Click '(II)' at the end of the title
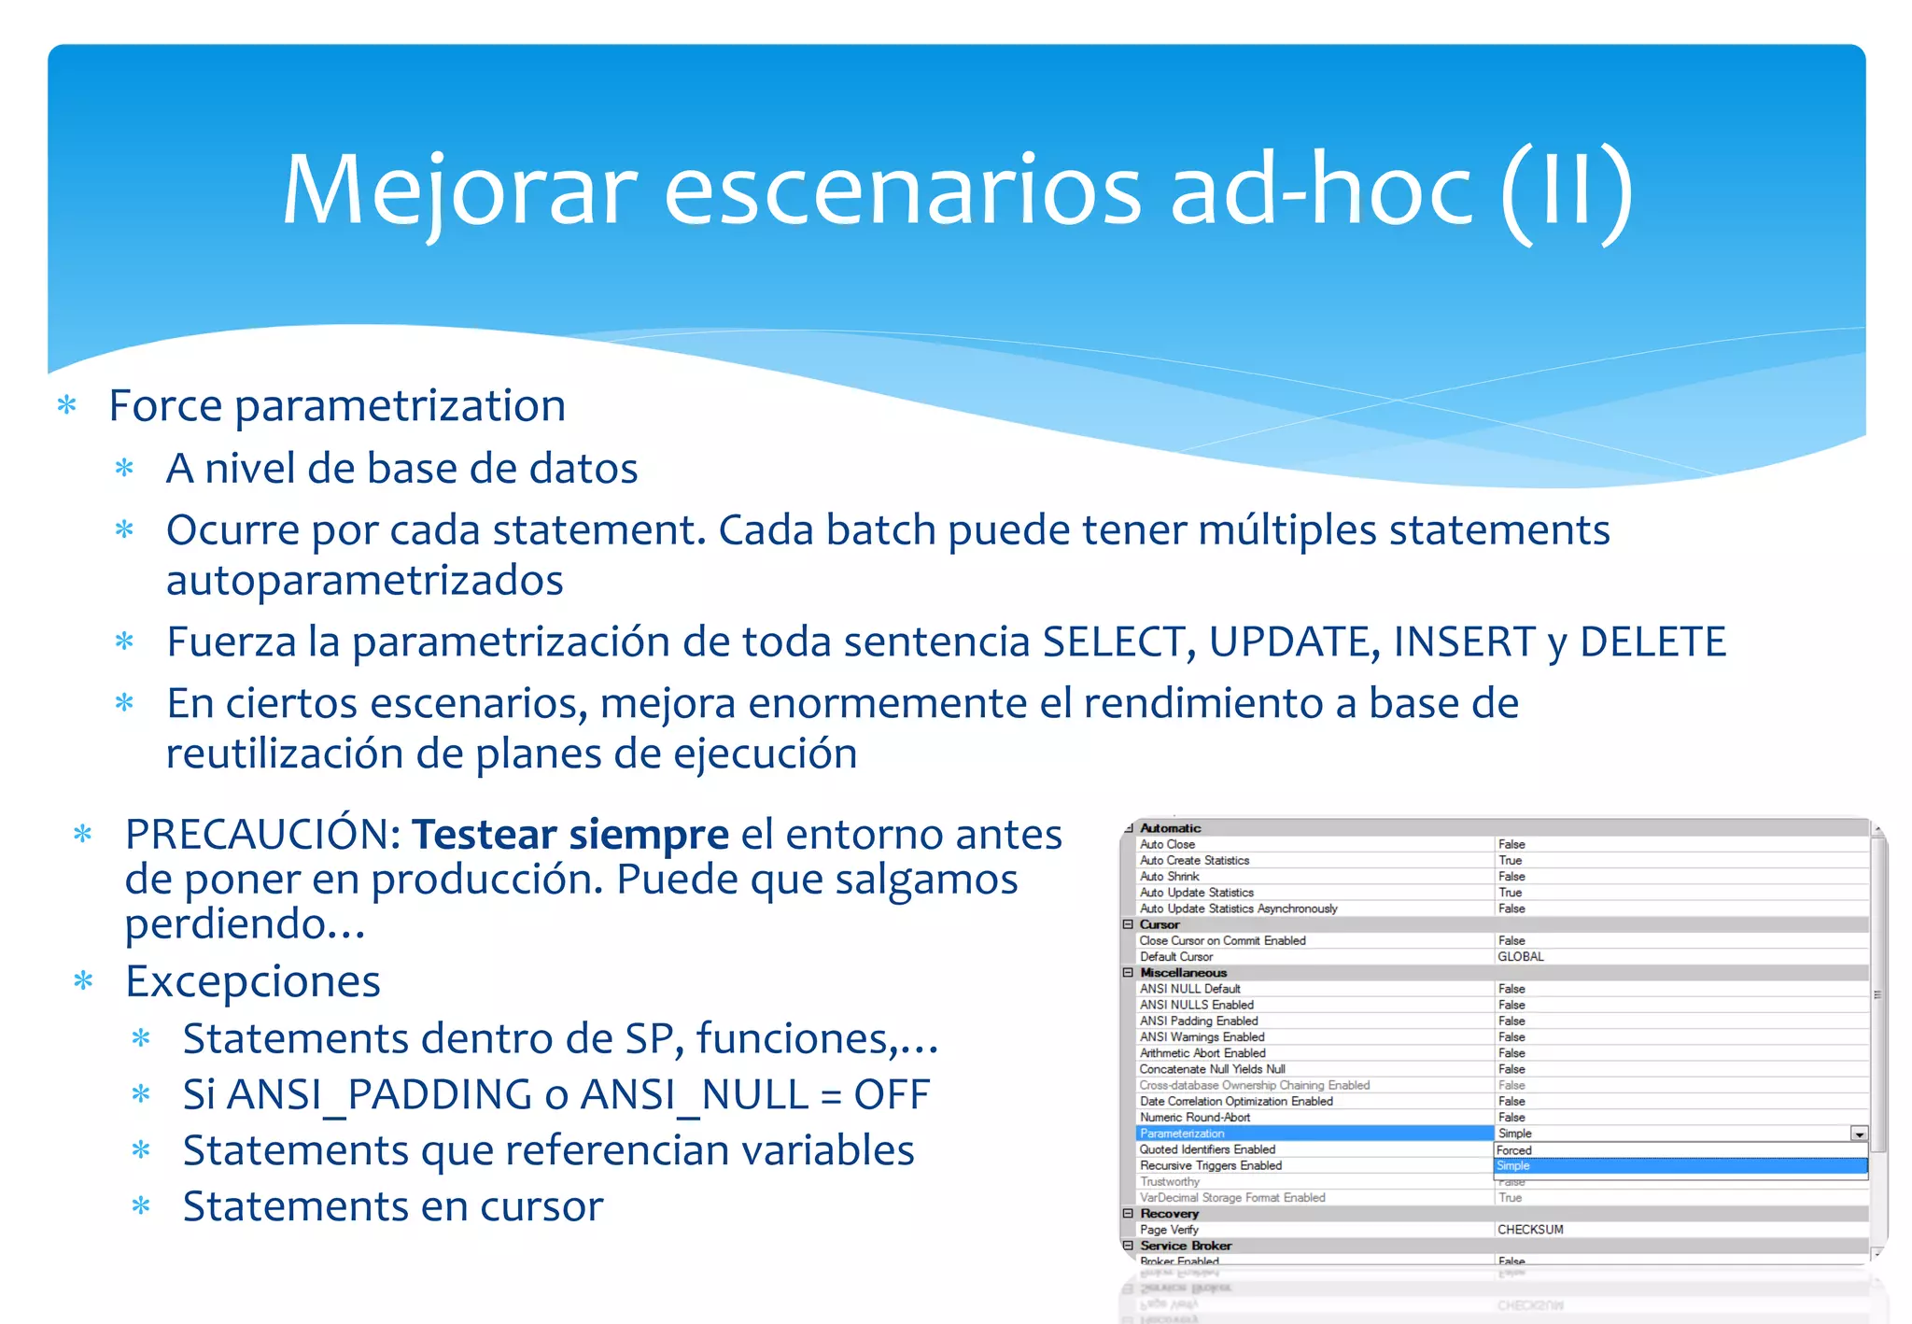(1568, 191)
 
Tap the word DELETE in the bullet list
(1652, 642)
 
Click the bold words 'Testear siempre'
(569, 835)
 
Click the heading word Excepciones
(253, 981)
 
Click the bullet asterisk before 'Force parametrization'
(66, 406)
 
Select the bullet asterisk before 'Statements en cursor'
(141, 1206)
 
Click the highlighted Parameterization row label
(1182, 1134)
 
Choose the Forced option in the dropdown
(1513, 1150)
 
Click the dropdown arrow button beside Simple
(1859, 1134)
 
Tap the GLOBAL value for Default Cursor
(1520, 957)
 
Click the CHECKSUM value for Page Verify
(1529, 1230)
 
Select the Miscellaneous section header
(1183, 973)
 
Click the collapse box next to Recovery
(1128, 1214)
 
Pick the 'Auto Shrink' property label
(1169, 877)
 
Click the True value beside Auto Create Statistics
(1510, 861)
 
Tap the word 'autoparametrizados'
(364, 581)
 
